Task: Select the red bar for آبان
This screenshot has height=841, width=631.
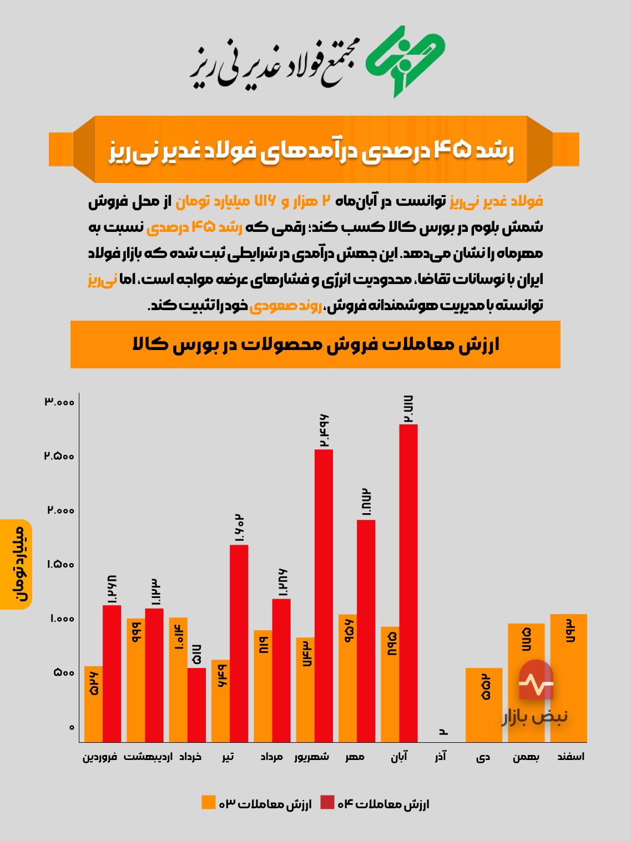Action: [x=408, y=582]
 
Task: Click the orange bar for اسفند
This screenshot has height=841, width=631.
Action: [x=568, y=678]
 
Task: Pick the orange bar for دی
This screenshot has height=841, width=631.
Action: [x=483, y=705]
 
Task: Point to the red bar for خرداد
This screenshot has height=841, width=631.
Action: [x=196, y=705]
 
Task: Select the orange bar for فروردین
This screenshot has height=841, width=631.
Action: [x=93, y=703]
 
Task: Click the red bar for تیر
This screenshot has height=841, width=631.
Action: [x=239, y=644]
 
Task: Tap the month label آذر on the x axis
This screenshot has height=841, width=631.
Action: [x=441, y=757]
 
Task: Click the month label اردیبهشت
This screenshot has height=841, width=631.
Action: [x=148, y=757]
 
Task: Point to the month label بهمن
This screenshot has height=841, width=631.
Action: [x=526, y=757]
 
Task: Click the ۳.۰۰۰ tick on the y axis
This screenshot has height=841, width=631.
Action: [x=59, y=402]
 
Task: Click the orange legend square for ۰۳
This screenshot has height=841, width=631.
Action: [x=208, y=803]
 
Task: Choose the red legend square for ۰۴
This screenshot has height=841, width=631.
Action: [x=327, y=803]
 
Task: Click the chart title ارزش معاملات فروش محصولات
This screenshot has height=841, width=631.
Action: [x=316, y=344]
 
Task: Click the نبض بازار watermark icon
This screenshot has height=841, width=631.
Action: [x=536, y=681]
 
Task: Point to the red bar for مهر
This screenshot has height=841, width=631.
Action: [x=366, y=631]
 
